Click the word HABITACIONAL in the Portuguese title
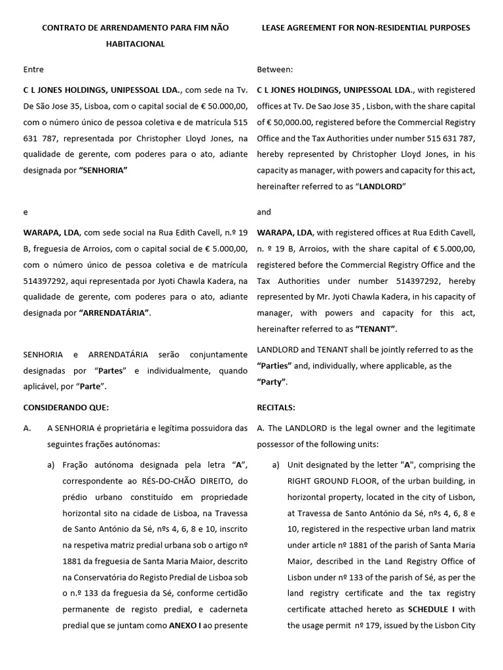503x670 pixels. point(136,44)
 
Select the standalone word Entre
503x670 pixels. point(33,69)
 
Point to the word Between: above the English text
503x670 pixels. point(275,69)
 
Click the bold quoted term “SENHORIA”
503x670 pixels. point(103,169)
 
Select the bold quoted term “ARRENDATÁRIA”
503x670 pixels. point(114,313)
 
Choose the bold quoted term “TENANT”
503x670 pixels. point(375,329)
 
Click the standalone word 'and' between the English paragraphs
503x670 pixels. point(263,212)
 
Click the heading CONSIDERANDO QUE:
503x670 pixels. point(65,408)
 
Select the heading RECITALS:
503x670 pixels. point(276,408)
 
